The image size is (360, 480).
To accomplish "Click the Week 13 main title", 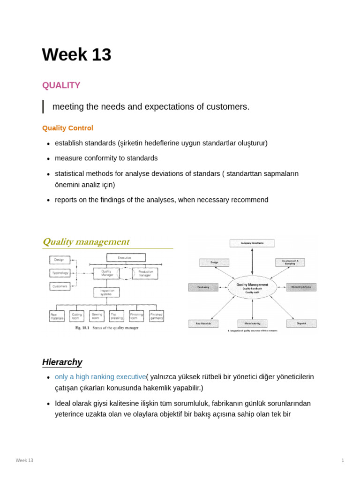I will [x=76, y=55].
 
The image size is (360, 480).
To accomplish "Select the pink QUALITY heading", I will [x=61, y=85].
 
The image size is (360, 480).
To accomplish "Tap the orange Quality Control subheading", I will [x=67, y=128].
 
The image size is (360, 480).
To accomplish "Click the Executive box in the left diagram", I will [x=126, y=258].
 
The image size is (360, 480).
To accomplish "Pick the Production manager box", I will [x=145, y=273].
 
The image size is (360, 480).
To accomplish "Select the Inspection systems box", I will [x=106, y=292].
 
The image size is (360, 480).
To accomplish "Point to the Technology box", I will [x=60, y=273].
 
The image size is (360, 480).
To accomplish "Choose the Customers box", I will [x=60, y=286].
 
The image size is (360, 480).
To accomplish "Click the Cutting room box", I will [x=77, y=316].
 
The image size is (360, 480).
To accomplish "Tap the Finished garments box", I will [x=157, y=316].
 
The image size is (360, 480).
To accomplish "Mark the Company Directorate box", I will [x=252, y=243].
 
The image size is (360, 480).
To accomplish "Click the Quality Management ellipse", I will [x=252, y=287].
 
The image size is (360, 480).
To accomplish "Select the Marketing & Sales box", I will [x=301, y=287].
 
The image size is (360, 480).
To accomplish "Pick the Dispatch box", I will [x=301, y=323].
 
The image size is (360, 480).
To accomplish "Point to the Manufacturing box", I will [x=252, y=323].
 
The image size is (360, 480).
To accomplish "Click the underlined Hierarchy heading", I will [x=62, y=362].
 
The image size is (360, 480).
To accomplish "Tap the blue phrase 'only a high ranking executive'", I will [x=100, y=377].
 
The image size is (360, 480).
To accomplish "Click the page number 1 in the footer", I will [x=343, y=460].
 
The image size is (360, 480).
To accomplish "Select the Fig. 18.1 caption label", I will [x=82, y=328].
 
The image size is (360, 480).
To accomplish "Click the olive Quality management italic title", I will [x=86, y=242].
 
